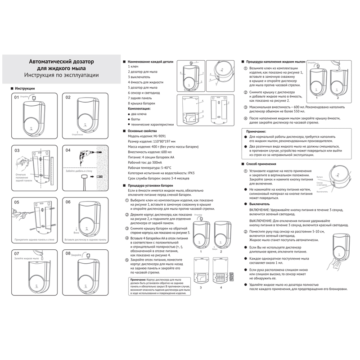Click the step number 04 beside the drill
click(x=68, y=150)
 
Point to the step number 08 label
click(x=68, y=254)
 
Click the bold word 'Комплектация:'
click(x=139, y=109)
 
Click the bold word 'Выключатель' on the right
click(x=260, y=204)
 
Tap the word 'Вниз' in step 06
click(x=76, y=233)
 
